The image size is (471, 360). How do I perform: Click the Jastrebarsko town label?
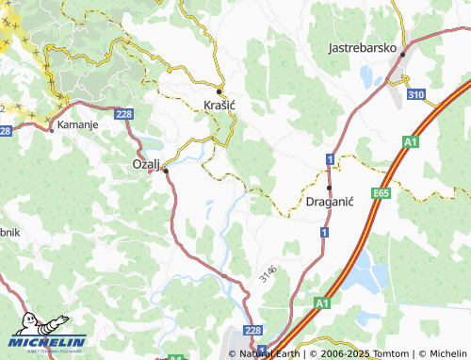[x=364, y=46]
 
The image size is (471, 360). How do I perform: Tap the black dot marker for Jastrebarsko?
[x=402, y=54]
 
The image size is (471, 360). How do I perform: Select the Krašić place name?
[x=219, y=106]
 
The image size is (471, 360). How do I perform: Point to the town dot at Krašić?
[x=219, y=91]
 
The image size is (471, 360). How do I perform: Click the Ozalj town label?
[x=146, y=164]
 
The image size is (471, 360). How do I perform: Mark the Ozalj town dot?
[x=165, y=171]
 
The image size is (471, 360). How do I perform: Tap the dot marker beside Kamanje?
[x=51, y=129]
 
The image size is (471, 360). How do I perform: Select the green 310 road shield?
[x=416, y=95]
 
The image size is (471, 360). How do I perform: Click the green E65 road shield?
[x=381, y=192]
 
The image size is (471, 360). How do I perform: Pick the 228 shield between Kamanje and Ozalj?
[x=123, y=113]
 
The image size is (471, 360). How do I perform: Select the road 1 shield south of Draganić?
[x=323, y=231]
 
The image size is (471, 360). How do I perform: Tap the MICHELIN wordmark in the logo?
[x=49, y=341]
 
